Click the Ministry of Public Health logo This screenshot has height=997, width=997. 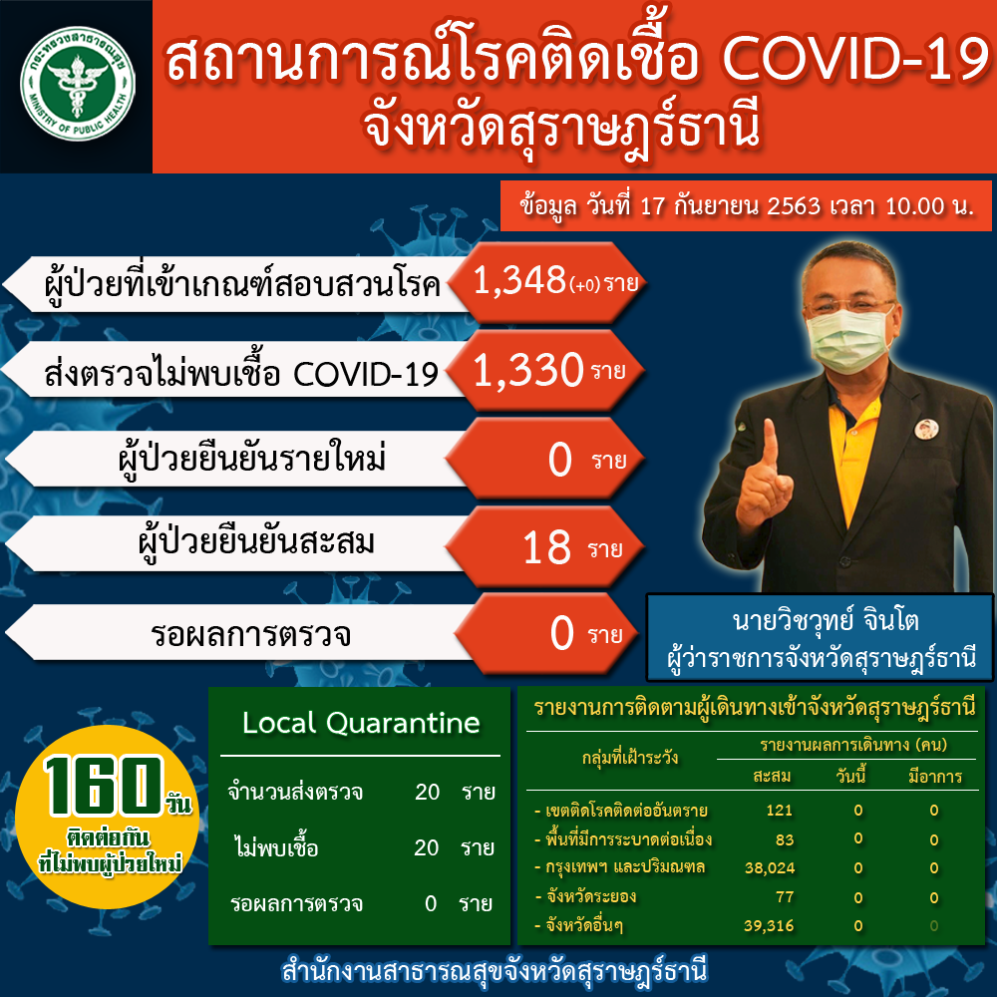pyautogui.click(x=78, y=84)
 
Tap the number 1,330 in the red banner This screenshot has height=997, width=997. pyautogui.click(x=528, y=370)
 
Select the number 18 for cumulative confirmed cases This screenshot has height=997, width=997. pyautogui.click(x=546, y=548)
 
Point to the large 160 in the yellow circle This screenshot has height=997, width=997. pyautogui.click(x=103, y=786)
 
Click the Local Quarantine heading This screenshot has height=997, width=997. pyautogui.click(x=361, y=723)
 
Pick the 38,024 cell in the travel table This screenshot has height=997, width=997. pyautogui.click(x=770, y=868)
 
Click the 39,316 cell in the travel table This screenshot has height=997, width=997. pyautogui.click(x=769, y=925)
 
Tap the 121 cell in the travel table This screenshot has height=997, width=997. pyautogui.click(x=779, y=810)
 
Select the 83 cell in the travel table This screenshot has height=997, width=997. pyautogui.click(x=785, y=839)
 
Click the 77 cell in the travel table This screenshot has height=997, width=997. pyautogui.click(x=785, y=897)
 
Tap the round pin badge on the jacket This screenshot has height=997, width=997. pyautogui.click(x=926, y=429)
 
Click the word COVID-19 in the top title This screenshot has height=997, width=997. pyautogui.click(x=855, y=60)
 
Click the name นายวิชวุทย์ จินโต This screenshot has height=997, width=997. pyautogui.click(x=826, y=620)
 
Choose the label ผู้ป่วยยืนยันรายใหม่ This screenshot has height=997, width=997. pyautogui.click(x=252, y=459)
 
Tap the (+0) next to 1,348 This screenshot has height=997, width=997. pyautogui.click(x=584, y=285)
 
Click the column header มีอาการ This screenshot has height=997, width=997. pyautogui.click(x=935, y=777)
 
